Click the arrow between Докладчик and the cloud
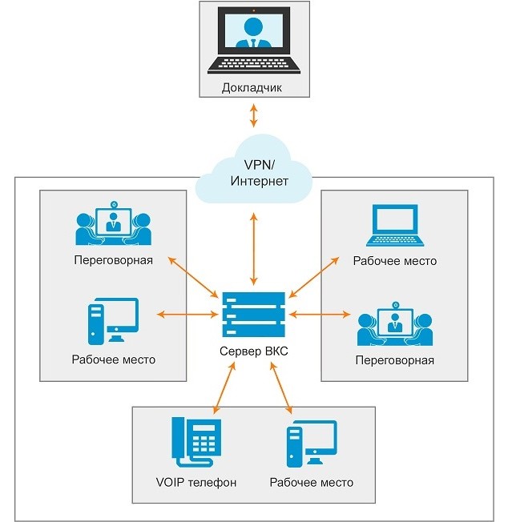[x=254, y=116]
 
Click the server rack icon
[x=253, y=314]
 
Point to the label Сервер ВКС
[x=253, y=353]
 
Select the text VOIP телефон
[x=197, y=483]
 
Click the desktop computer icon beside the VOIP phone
[x=311, y=446]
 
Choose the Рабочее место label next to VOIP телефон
[x=312, y=483]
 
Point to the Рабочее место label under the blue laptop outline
[x=394, y=261]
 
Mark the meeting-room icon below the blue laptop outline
[x=394, y=323]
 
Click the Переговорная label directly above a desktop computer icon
[x=113, y=261]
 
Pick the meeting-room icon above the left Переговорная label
[x=113, y=223]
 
